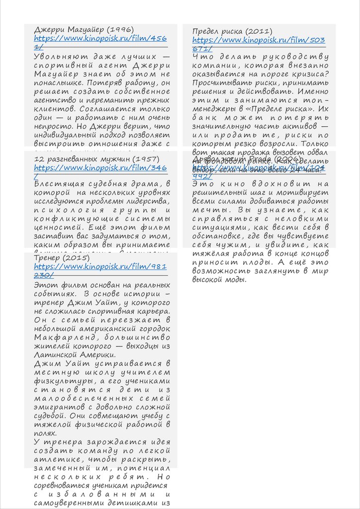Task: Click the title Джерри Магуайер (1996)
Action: [x=84, y=29]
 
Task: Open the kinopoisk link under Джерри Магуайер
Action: [x=100, y=38]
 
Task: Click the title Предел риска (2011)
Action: [x=232, y=32]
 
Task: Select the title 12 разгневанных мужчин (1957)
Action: [x=97, y=159]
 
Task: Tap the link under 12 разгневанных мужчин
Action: [x=100, y=168]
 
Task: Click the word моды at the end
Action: [x=236, y=279]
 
